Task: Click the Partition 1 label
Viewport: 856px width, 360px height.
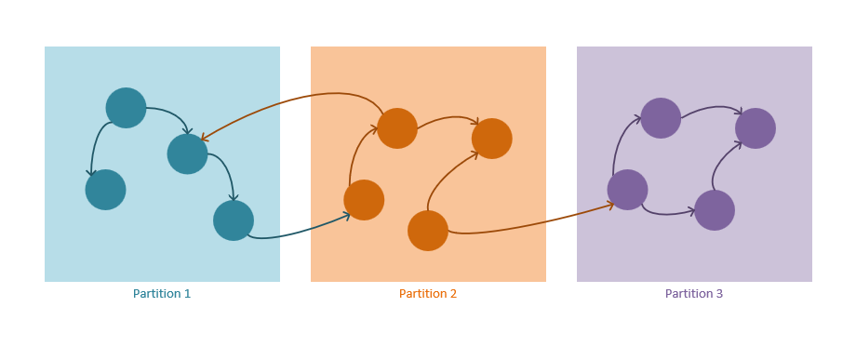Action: (162, 294)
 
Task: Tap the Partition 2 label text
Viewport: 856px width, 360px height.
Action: (428, 294)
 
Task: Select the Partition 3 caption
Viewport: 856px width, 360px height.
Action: (694, 294)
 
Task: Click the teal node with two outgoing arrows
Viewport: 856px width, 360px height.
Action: (126, 108)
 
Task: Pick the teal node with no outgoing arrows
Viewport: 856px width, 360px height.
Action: (105, 190)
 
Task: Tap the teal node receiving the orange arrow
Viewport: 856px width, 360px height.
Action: (187, 153)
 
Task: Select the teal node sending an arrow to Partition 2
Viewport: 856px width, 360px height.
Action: (234, 220)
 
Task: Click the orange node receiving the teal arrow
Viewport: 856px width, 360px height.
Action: (364, 200)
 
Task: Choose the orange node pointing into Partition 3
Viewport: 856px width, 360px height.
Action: (428, 231)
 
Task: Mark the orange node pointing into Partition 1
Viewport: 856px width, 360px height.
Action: (397, 128)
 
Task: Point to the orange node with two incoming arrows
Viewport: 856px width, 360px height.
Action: (492, 139)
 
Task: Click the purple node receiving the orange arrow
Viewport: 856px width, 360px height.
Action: (627, 190)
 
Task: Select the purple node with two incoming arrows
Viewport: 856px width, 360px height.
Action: (756, 128)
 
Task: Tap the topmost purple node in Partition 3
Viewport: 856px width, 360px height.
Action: (661, 118)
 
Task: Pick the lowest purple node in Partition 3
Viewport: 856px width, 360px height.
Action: (715, 210)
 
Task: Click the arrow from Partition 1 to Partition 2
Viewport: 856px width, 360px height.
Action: (298, 232)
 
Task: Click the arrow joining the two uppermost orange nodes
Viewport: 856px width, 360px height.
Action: (447, 118)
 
